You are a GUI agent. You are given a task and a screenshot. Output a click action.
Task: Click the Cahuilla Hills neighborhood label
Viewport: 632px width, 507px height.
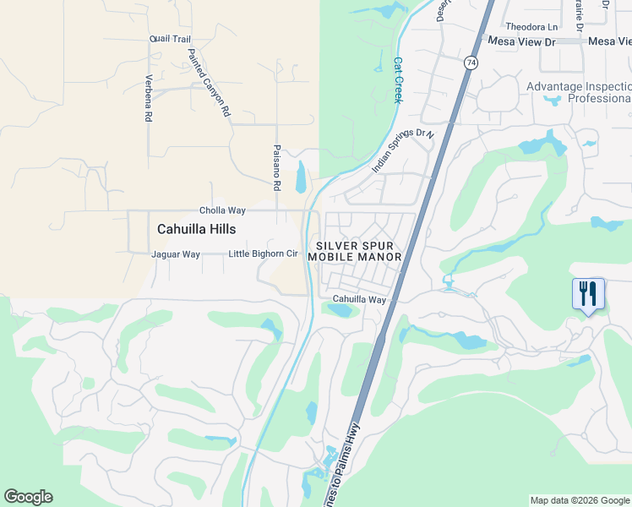[x=196, y=229]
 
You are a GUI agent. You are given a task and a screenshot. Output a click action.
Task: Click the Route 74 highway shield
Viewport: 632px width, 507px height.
[x=471, y=63]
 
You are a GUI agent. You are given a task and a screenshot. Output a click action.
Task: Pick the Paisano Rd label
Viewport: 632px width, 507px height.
[x=276, y=166]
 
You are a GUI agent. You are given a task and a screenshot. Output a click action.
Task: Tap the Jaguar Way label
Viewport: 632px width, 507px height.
[x=175, y=254]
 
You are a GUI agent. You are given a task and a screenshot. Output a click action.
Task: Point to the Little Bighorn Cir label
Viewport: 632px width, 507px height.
[x=264, y=254]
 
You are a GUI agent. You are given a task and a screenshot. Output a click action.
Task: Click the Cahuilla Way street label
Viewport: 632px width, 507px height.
[x=359, y=300]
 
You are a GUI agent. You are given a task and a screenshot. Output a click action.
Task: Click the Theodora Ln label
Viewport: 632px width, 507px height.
[x=532, y=25]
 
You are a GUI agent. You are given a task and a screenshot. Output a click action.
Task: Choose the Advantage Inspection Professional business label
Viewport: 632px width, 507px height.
[x=578, y=92]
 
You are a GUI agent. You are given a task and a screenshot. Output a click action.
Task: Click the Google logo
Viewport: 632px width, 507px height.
[x=28, y=497]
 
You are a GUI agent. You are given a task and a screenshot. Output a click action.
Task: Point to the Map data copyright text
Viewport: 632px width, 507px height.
[x=580, y=500]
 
